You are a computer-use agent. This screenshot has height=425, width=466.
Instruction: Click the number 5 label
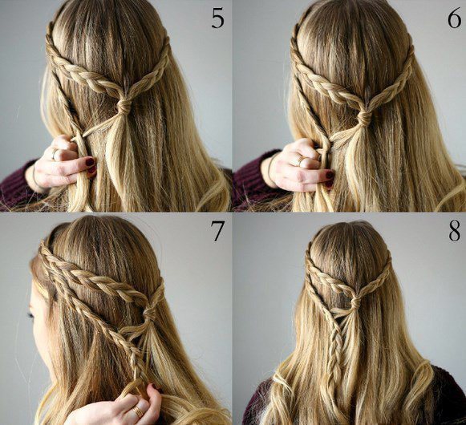pyautogui.click(x=217, y=18)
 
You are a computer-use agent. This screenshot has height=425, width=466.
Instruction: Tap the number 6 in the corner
pyautogui.click(x=454, y=18)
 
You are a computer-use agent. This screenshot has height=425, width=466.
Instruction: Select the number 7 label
pyautogui.click(x=217, y=231)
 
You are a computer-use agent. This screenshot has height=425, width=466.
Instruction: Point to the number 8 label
pyautogui.click(x=455, y=231)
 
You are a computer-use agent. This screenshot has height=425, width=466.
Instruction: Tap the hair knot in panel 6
pyautogui.click(x=364, y=117)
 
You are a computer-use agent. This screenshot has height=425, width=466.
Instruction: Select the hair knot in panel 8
pyautogui.click(x=355, y=303)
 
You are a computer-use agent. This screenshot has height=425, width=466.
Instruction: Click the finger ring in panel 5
pyautogui.click(x=55, y=154)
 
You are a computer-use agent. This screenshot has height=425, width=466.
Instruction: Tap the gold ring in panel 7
pyautogui.click(x=137, y=411)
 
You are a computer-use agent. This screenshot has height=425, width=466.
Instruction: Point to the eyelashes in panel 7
pyautogui.click(x=31, y=314)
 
